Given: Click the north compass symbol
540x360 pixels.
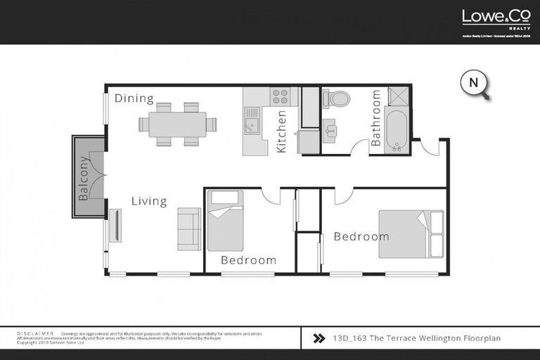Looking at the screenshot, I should (474, 83).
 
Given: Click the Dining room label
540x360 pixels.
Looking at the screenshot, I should (134, 98).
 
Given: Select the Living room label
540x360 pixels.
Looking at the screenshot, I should (149, 202).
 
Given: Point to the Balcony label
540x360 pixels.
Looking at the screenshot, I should (84, 179).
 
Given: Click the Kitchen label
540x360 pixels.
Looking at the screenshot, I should (281, 131).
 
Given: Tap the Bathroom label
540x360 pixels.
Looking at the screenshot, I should (375, 118).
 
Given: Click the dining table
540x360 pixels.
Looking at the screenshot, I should (177, 124).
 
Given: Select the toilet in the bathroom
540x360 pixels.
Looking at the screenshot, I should (337, 98).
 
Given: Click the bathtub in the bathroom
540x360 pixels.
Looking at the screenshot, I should (397, 131).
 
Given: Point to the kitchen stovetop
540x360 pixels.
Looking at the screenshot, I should (281, 96).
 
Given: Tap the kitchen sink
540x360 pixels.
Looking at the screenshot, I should (251, 127).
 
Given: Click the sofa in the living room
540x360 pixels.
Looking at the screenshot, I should (188, 229).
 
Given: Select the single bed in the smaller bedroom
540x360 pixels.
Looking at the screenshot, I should (224, 221).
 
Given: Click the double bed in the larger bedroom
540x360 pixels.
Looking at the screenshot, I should (411, 232).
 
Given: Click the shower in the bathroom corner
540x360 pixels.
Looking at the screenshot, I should (397, 96).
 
